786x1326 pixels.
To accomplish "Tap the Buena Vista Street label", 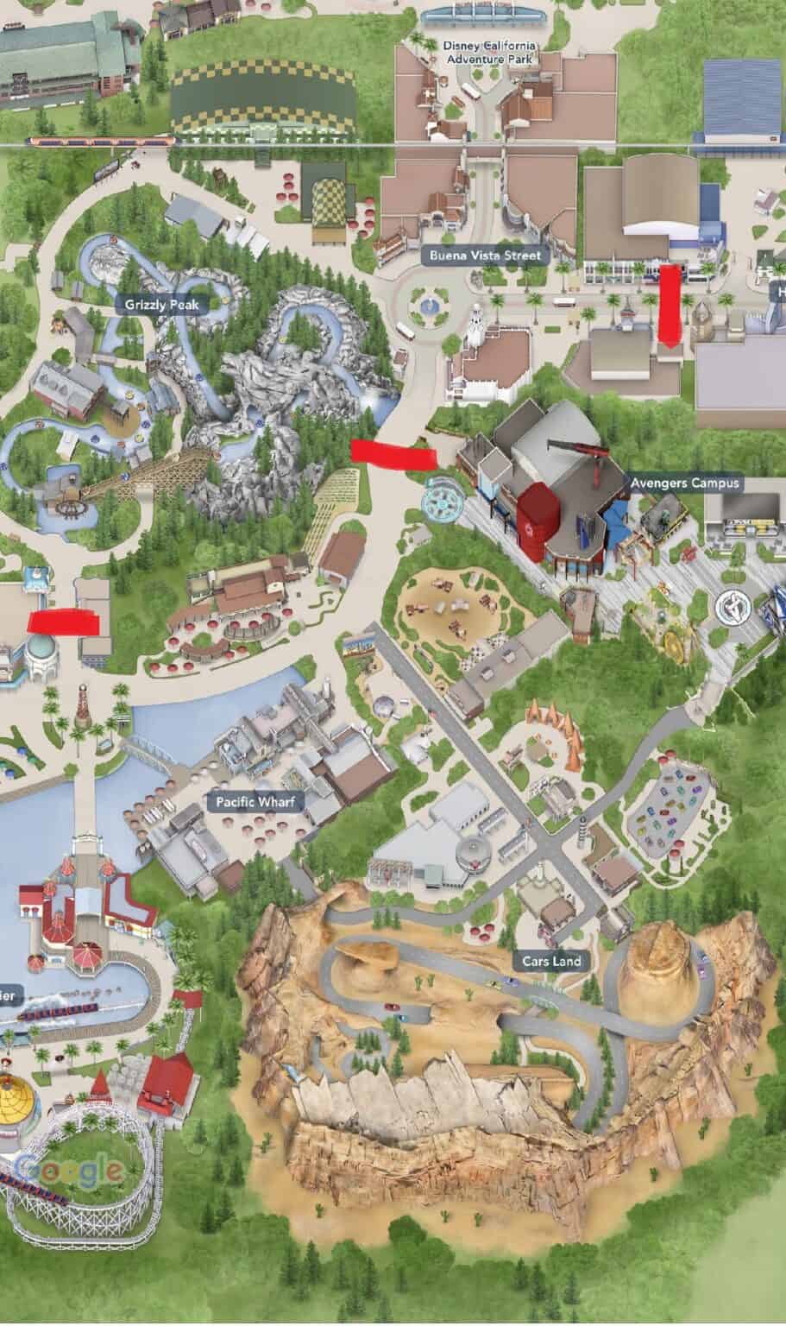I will [x=485, y=256].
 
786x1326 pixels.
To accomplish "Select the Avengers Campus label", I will [x=684, y=483].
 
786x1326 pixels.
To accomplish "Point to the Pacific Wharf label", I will [x=255, y=802].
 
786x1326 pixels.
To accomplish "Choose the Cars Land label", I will [x=551, y=961].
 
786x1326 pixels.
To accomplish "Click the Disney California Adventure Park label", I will [x=489, y=52].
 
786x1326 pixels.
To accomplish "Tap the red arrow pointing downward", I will [x=669, y=304].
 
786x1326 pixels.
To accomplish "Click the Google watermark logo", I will [x=69, y=1170].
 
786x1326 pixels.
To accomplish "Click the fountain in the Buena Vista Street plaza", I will [x=427, y=304].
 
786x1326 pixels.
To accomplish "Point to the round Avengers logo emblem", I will [x=729, y=606].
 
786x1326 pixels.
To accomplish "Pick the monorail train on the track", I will [x=101, y=140].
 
